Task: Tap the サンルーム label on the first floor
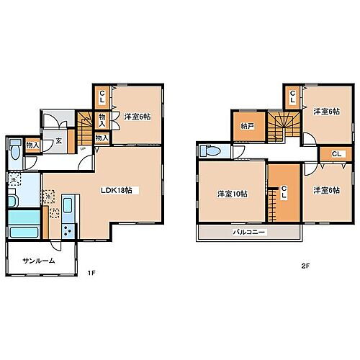(x=37, y=261)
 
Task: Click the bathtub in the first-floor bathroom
(x=24, y=233)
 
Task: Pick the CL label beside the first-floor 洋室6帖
(x=102, y=95)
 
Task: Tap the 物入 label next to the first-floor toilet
(x=32, y=145)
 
